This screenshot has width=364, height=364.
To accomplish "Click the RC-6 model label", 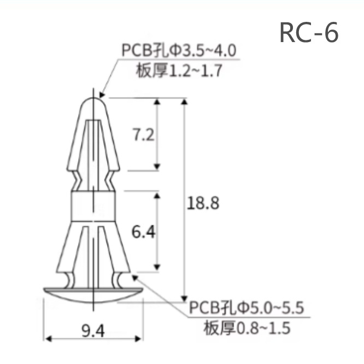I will click(x=309, y=33).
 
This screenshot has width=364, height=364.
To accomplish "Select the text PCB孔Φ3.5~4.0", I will click(x=179, y=51).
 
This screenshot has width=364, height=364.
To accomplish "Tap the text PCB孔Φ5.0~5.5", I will click(x=246, y=307).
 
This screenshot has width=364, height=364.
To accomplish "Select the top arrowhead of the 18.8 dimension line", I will click(x=184, y=102).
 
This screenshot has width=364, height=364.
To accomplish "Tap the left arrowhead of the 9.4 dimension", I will click(x=48, y=339).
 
